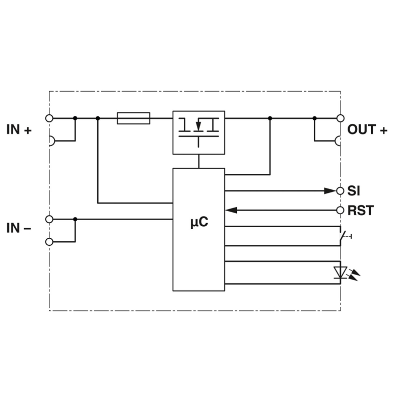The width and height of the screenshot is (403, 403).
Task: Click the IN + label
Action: pyautogui.click(x=19, y=129)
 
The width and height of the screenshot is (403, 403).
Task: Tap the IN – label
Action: pyautogui.click(x=19, y=228)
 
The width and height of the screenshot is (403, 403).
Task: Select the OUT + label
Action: pyautogui.click(x=367, y=129)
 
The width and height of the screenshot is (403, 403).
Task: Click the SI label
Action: pyautogui.click(x=354, y=191)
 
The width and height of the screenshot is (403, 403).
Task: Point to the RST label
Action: pyautogui.click(x=361, y=211)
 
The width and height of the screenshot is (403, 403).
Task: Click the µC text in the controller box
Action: pyautogui.click(x=199, y=222)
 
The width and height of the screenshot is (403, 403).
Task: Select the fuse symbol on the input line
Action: pyautogui.click(x=133, y=118)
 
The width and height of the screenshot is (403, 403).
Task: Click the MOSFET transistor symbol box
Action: pyautogui.click(x=198, y=132)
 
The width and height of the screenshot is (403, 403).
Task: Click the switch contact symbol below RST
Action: pyautogui.click(x=344, y=236)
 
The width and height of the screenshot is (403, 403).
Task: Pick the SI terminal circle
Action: pyautogui.click(x=340, y=191)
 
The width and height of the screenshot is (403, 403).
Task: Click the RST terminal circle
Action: pyautogui.click(x=340, y=210)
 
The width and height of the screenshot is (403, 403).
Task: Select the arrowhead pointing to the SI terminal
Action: pyautogui.click(x=330, y=191)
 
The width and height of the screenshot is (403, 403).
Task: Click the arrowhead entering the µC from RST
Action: pyautogui.click(x=231, y=210)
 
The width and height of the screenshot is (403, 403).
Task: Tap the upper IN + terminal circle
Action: pyautogui.click(x=49, y=118)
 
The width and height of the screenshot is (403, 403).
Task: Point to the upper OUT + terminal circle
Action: pyautogui.click(x=341, y=118)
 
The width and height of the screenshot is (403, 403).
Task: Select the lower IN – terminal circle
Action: pyautogui.click(x=49, y=242)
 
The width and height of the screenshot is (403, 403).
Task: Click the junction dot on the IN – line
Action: pyautogui.click(x=75, y=219)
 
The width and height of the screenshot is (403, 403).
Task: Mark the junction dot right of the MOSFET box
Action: pyautogui.click(x=270, y=118)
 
